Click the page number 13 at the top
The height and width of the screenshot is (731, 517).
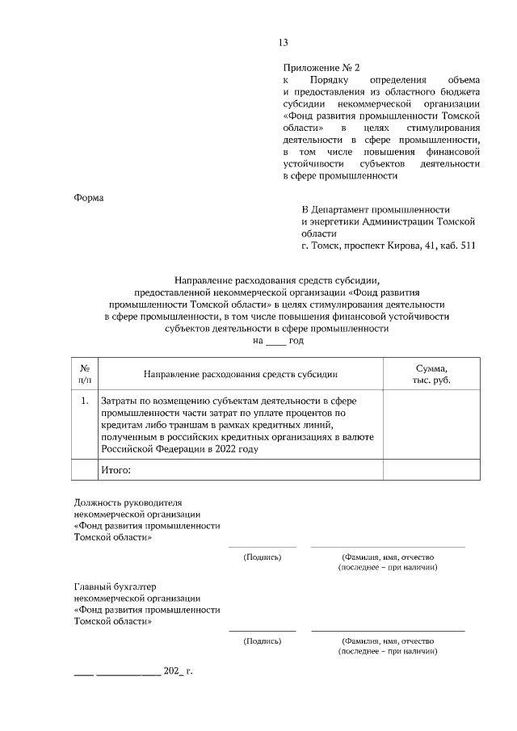point(283,43)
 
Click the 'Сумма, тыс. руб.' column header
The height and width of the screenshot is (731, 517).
point(427,373)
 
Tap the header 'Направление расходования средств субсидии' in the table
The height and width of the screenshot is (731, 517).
point(240,374)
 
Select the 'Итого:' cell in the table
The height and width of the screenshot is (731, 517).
point(115,470)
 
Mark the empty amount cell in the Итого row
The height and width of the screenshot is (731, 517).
point(427,470)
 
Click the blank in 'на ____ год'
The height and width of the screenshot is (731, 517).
point(275,342)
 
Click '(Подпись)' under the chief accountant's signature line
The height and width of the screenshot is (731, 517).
point(263,641)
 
